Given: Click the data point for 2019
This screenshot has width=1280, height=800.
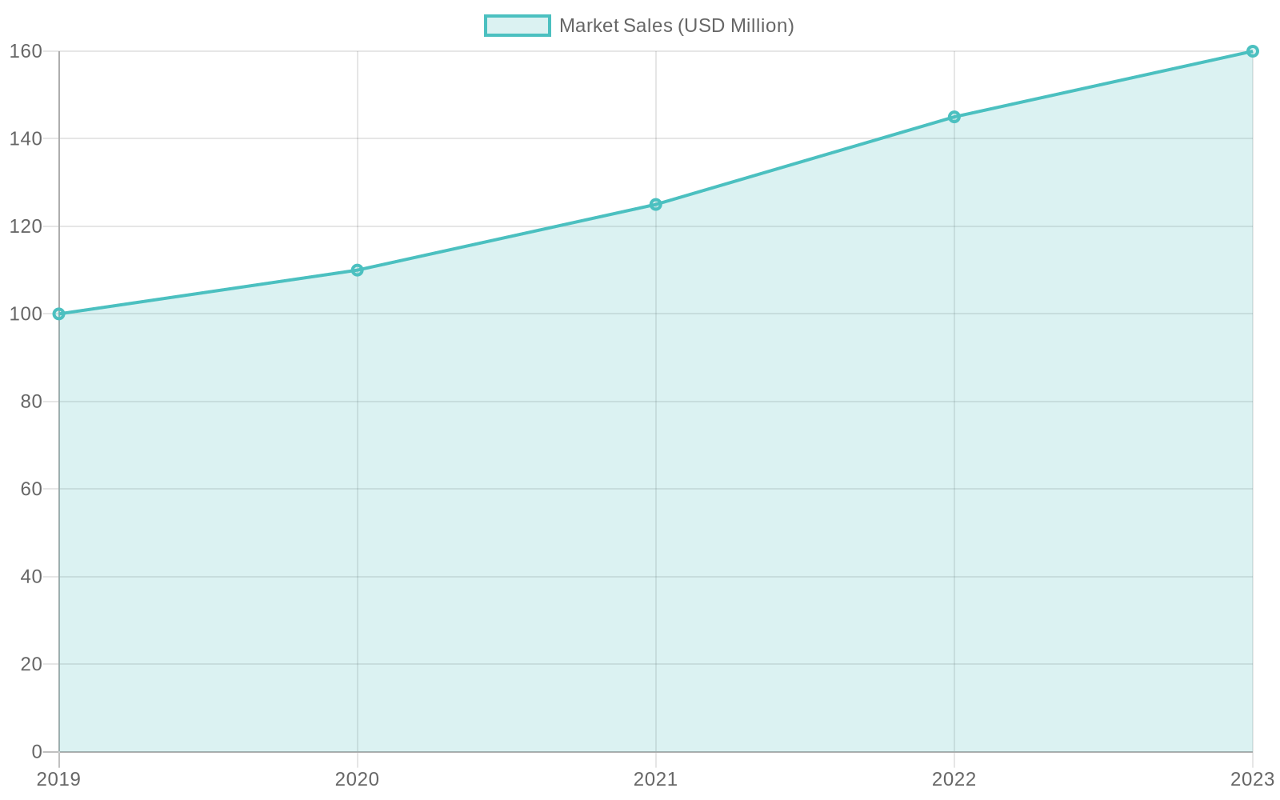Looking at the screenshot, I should (58, 314).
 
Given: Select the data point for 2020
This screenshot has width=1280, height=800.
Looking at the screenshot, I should (357, 270).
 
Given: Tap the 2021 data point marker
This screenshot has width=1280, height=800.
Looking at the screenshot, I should (656, 204).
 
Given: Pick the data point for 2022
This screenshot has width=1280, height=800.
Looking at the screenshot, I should (954, 117).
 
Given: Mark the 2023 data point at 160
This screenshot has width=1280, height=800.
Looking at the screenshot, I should (1252, 51).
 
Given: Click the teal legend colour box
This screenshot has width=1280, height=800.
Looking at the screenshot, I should (517, 26).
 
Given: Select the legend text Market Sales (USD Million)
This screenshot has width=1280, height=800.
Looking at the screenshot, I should (676, 26).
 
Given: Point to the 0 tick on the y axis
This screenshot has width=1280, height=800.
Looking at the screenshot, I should (37, 751).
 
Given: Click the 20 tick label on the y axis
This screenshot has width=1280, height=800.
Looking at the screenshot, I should (31, 664).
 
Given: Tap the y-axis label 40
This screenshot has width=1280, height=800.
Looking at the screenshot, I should (31, 576).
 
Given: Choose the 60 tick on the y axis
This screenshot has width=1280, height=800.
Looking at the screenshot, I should (31, 489).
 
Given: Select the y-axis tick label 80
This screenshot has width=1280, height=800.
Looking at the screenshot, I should (31, 402).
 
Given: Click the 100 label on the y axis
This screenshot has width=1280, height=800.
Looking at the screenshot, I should (26, 314).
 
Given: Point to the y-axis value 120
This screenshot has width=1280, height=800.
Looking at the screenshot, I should (26, 226).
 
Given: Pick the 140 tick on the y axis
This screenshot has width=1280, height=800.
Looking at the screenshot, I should (26, 139).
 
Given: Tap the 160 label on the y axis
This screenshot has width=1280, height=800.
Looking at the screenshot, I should (26, 51).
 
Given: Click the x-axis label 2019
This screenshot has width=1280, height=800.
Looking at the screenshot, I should (58, 779).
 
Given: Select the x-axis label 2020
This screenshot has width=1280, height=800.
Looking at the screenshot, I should (357, 779).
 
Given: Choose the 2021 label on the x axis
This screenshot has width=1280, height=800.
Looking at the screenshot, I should (655, 779).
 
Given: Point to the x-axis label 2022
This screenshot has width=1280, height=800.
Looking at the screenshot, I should (954, 779).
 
